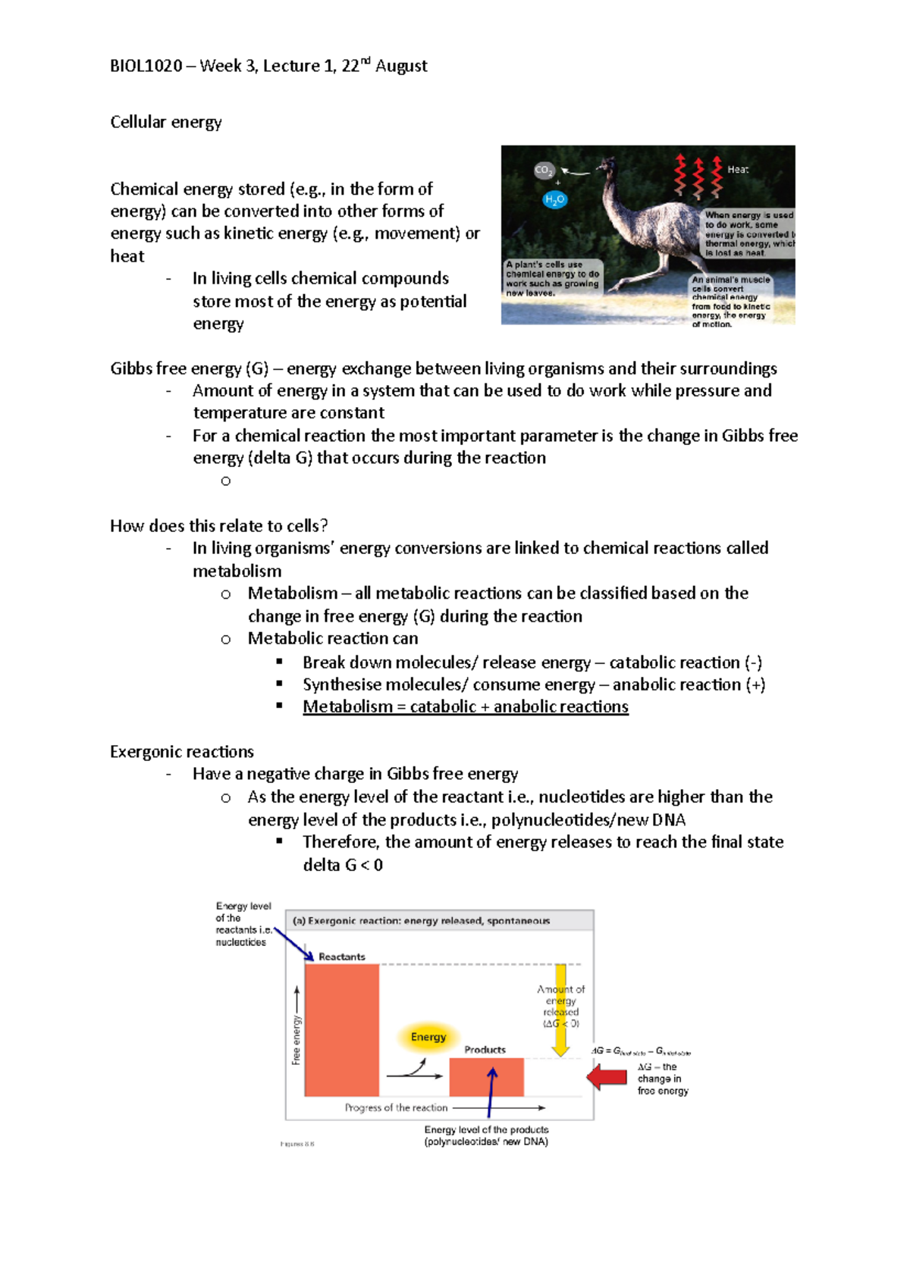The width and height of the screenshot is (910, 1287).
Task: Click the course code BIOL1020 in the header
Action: (146, 66)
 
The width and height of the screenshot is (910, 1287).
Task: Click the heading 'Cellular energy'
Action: (165, 122)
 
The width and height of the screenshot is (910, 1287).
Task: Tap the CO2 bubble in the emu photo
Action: (544, 171)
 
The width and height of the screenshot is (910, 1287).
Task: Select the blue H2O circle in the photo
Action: (554, 200)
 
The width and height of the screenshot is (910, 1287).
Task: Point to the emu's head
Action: (606, 164)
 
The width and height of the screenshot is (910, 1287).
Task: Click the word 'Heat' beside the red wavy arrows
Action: (737, 170)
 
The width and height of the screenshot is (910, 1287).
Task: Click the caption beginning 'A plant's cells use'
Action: (552, 278)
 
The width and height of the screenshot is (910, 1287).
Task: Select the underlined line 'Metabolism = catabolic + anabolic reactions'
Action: (465, 706)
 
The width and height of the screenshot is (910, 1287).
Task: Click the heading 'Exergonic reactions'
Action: (181, 752)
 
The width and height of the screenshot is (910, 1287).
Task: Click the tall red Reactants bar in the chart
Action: (341, 1029)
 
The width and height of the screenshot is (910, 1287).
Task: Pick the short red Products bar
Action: (486, 1077)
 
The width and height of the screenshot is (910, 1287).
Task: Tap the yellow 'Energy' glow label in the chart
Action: (428, 1037)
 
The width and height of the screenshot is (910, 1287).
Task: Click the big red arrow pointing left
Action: (607, 1076)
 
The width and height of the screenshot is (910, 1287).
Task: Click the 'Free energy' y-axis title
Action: (297, 1040)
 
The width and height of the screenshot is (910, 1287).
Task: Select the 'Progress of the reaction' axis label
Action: (396, 1107)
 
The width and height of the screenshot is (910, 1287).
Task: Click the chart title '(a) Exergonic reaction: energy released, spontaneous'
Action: (421, 921)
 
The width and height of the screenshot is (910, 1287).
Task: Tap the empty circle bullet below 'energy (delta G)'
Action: (225, 481)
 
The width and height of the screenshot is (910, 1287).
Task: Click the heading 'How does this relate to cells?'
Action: (218, 526)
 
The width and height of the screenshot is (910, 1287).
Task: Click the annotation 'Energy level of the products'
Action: (486, 1129)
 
